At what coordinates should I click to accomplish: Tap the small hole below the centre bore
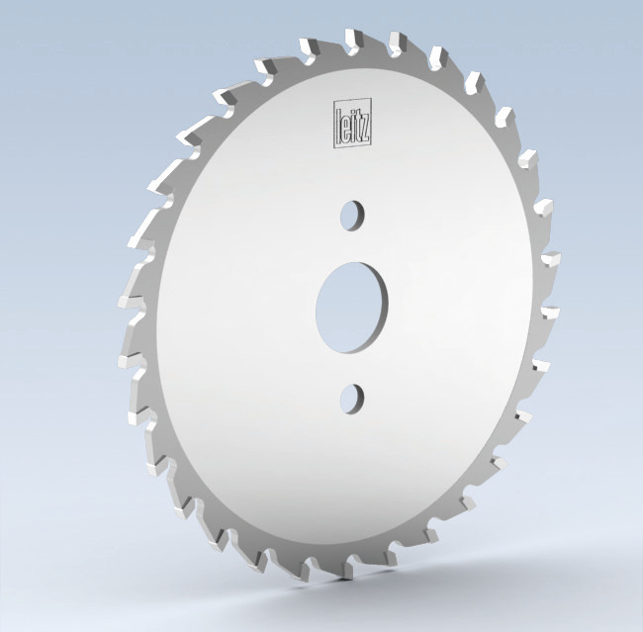tap(351, 398)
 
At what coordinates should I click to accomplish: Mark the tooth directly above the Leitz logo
tap(351, 42)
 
